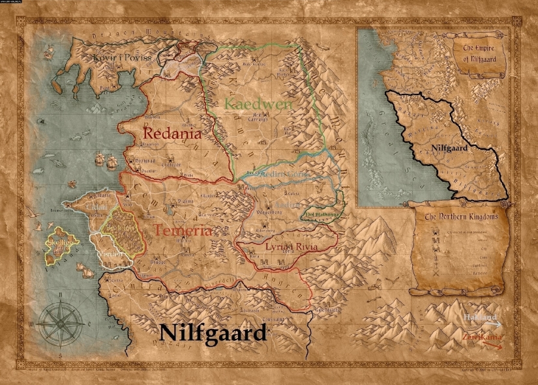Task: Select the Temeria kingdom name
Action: [183, 231]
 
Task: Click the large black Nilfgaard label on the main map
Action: [213, 333]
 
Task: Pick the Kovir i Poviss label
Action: [121, 57]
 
